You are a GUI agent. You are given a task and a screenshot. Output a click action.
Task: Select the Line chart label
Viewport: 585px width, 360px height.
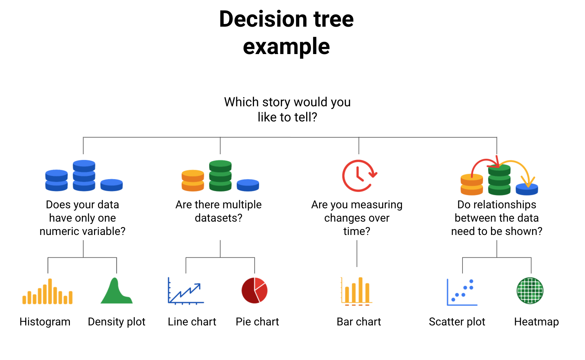click(x=192, y=322)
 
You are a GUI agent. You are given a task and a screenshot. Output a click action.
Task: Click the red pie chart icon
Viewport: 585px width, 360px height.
click(x=255, y=290)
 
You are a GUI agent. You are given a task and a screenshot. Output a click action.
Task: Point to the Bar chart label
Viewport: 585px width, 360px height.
click(x=359, y=322)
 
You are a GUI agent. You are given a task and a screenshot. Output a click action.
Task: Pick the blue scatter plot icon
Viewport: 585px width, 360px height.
click(x=462, y=292)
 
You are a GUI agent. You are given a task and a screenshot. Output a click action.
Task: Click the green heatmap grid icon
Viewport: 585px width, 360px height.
click(x=530, y=290)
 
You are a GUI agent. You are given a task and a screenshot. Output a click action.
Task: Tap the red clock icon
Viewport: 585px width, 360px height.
click(x=360, y=175)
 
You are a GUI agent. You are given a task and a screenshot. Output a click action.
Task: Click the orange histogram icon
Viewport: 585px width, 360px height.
click(x=48, y=291)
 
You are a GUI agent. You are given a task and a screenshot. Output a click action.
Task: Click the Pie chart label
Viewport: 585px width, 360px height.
click(x=257, y=322)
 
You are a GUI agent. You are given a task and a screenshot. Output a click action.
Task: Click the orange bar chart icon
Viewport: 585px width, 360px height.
click(x=357, y=291)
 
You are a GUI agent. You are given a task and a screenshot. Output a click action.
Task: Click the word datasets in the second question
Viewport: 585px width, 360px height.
click(x=219, y=218)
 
